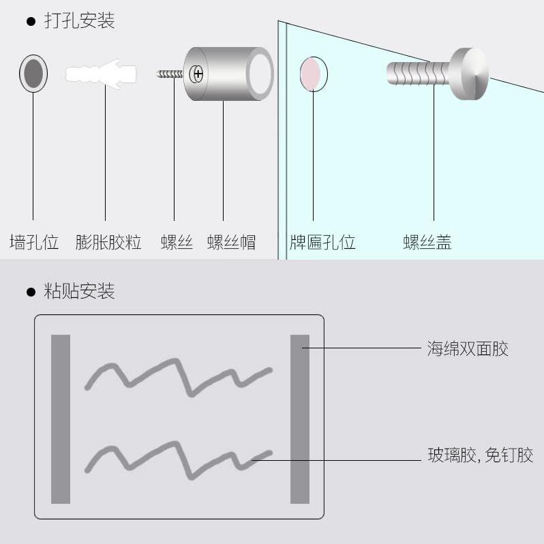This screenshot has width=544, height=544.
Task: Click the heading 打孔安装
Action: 79,21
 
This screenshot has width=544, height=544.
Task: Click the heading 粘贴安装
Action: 79,292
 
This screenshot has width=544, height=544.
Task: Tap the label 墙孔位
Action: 33,242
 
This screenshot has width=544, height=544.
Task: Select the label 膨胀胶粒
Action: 108,242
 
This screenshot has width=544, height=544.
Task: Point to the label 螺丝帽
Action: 231,242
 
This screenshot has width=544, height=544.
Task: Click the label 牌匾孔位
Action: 322,242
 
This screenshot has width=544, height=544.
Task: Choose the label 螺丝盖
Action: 427,242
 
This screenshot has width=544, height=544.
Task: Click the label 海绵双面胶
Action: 468,349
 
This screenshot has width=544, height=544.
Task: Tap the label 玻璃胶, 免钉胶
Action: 480,455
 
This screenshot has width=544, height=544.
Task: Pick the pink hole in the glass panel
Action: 313,74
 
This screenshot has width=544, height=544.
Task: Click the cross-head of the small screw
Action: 198,73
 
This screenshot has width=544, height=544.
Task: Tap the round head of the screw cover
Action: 470,74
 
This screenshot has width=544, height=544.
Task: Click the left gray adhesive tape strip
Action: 61,419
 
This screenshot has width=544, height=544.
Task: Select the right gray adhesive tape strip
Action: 300,419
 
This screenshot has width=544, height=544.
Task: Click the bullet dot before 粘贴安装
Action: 30,292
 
